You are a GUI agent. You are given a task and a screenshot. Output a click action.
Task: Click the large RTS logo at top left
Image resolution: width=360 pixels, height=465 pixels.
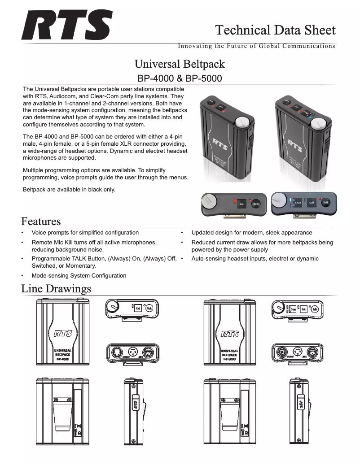66,26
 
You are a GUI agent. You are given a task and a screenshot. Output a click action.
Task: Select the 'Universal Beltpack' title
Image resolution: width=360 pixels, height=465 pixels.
180,64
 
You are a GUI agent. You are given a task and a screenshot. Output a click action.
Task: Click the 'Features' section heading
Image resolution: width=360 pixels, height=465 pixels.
41,222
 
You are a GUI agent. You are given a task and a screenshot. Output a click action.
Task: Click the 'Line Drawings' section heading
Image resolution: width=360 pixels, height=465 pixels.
56,288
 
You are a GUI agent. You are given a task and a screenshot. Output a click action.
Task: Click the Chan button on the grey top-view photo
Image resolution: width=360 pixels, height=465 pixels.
298,203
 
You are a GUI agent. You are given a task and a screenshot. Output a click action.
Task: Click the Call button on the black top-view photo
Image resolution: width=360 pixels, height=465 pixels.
241,203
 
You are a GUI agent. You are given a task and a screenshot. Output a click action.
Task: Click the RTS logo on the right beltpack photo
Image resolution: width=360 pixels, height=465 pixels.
294,148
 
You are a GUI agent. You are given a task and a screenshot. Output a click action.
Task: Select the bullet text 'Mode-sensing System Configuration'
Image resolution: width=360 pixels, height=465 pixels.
79,276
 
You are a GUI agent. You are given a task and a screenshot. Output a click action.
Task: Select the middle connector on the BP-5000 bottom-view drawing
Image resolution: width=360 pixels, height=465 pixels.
297,351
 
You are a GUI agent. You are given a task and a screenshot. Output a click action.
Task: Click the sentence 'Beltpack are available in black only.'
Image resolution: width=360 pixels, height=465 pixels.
69,190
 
